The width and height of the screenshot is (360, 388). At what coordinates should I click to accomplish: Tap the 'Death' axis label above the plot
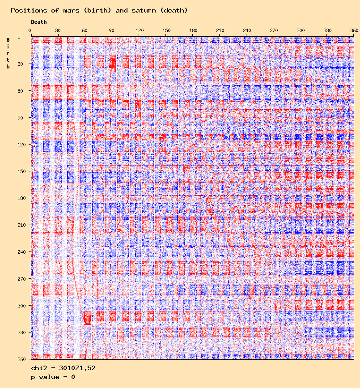[x=38, y=21]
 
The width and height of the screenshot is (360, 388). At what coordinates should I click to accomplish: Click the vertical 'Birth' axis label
[x=8, y=53]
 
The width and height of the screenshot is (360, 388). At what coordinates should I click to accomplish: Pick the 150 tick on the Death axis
[x=166, y=30]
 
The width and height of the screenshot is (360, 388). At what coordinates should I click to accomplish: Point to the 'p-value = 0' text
[x=53, y=377]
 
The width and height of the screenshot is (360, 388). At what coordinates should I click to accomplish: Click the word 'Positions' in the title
[x=25, y=10]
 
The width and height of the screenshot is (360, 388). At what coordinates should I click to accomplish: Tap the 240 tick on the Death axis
[x=247, y=30]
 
